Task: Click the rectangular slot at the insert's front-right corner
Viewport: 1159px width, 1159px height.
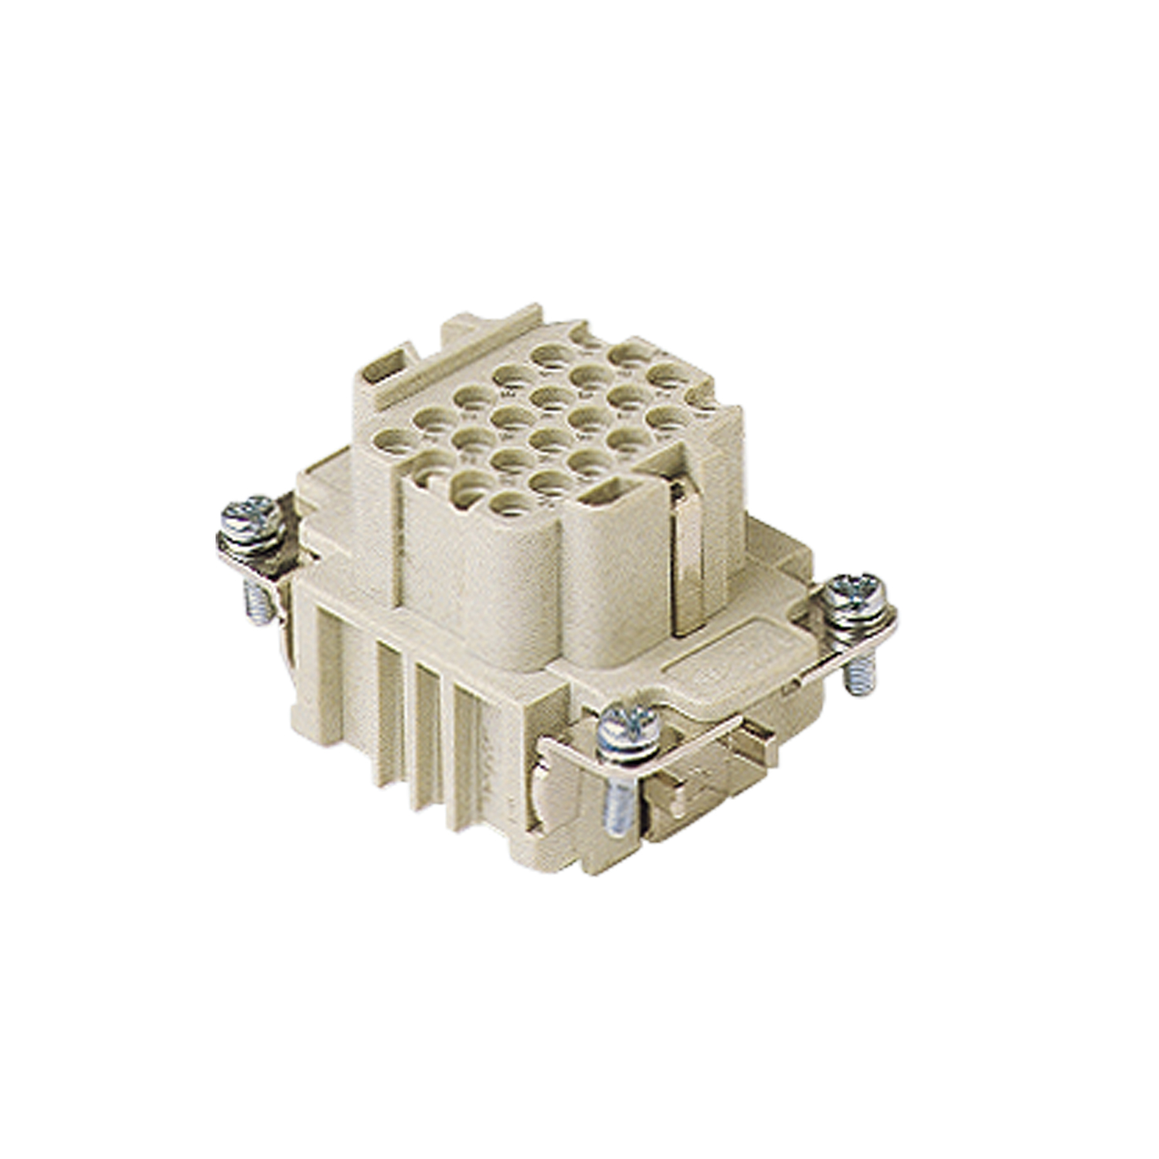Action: click(615, 494)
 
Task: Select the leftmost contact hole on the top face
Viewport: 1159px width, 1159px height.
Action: click(393, 442)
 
